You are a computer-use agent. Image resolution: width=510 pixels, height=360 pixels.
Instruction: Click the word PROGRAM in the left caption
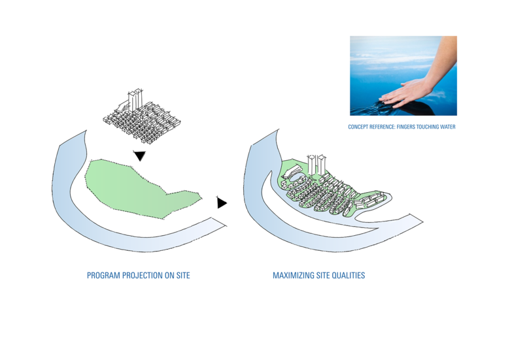pyautogui.click(x=101, y=276)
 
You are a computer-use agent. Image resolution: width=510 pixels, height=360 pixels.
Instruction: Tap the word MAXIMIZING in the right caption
pyautogui.click(x=291, y=276)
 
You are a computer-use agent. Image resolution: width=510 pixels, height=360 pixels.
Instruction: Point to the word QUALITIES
pyautogui.click(x=348, y=276)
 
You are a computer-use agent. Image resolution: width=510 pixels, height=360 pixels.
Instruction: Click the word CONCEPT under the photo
pyautogui.click(x=358, y=127)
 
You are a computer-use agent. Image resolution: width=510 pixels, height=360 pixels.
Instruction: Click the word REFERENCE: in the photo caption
pyautogui.click(x=382, y=127)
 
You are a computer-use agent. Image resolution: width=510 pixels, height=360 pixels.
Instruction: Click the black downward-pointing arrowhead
pyautogui.click(x=139, y=156)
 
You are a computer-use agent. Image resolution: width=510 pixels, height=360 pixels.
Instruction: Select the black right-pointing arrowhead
pyautogui.click(x=222, y=203)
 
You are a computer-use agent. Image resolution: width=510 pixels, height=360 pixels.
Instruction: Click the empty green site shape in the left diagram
pyautogui.click(x=131, y=189)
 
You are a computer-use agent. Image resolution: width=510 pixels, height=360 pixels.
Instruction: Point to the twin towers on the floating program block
pyautogui.click(x=135, y=100)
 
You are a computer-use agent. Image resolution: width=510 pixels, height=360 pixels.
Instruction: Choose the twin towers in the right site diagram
pyautogui.click(x=317, y=163)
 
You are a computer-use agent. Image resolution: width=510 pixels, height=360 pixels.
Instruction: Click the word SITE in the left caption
pyautogui.click(x=182, y=276)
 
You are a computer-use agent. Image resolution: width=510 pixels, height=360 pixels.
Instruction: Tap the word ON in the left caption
pyautogui.click(x=169, y=276)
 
